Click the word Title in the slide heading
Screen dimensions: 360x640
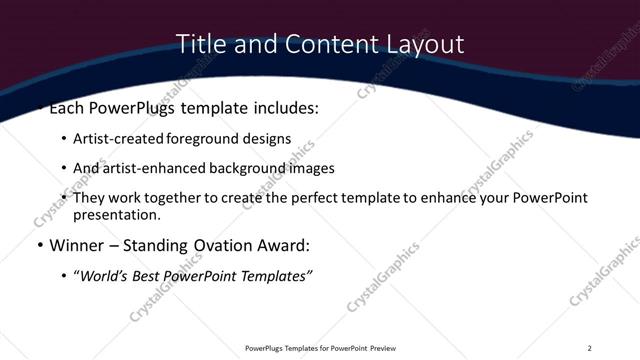coord(199,44)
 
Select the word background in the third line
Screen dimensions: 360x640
coord(250,168)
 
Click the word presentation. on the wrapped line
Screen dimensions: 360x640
coord(116,214)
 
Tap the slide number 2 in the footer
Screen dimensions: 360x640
coord(589,348)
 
